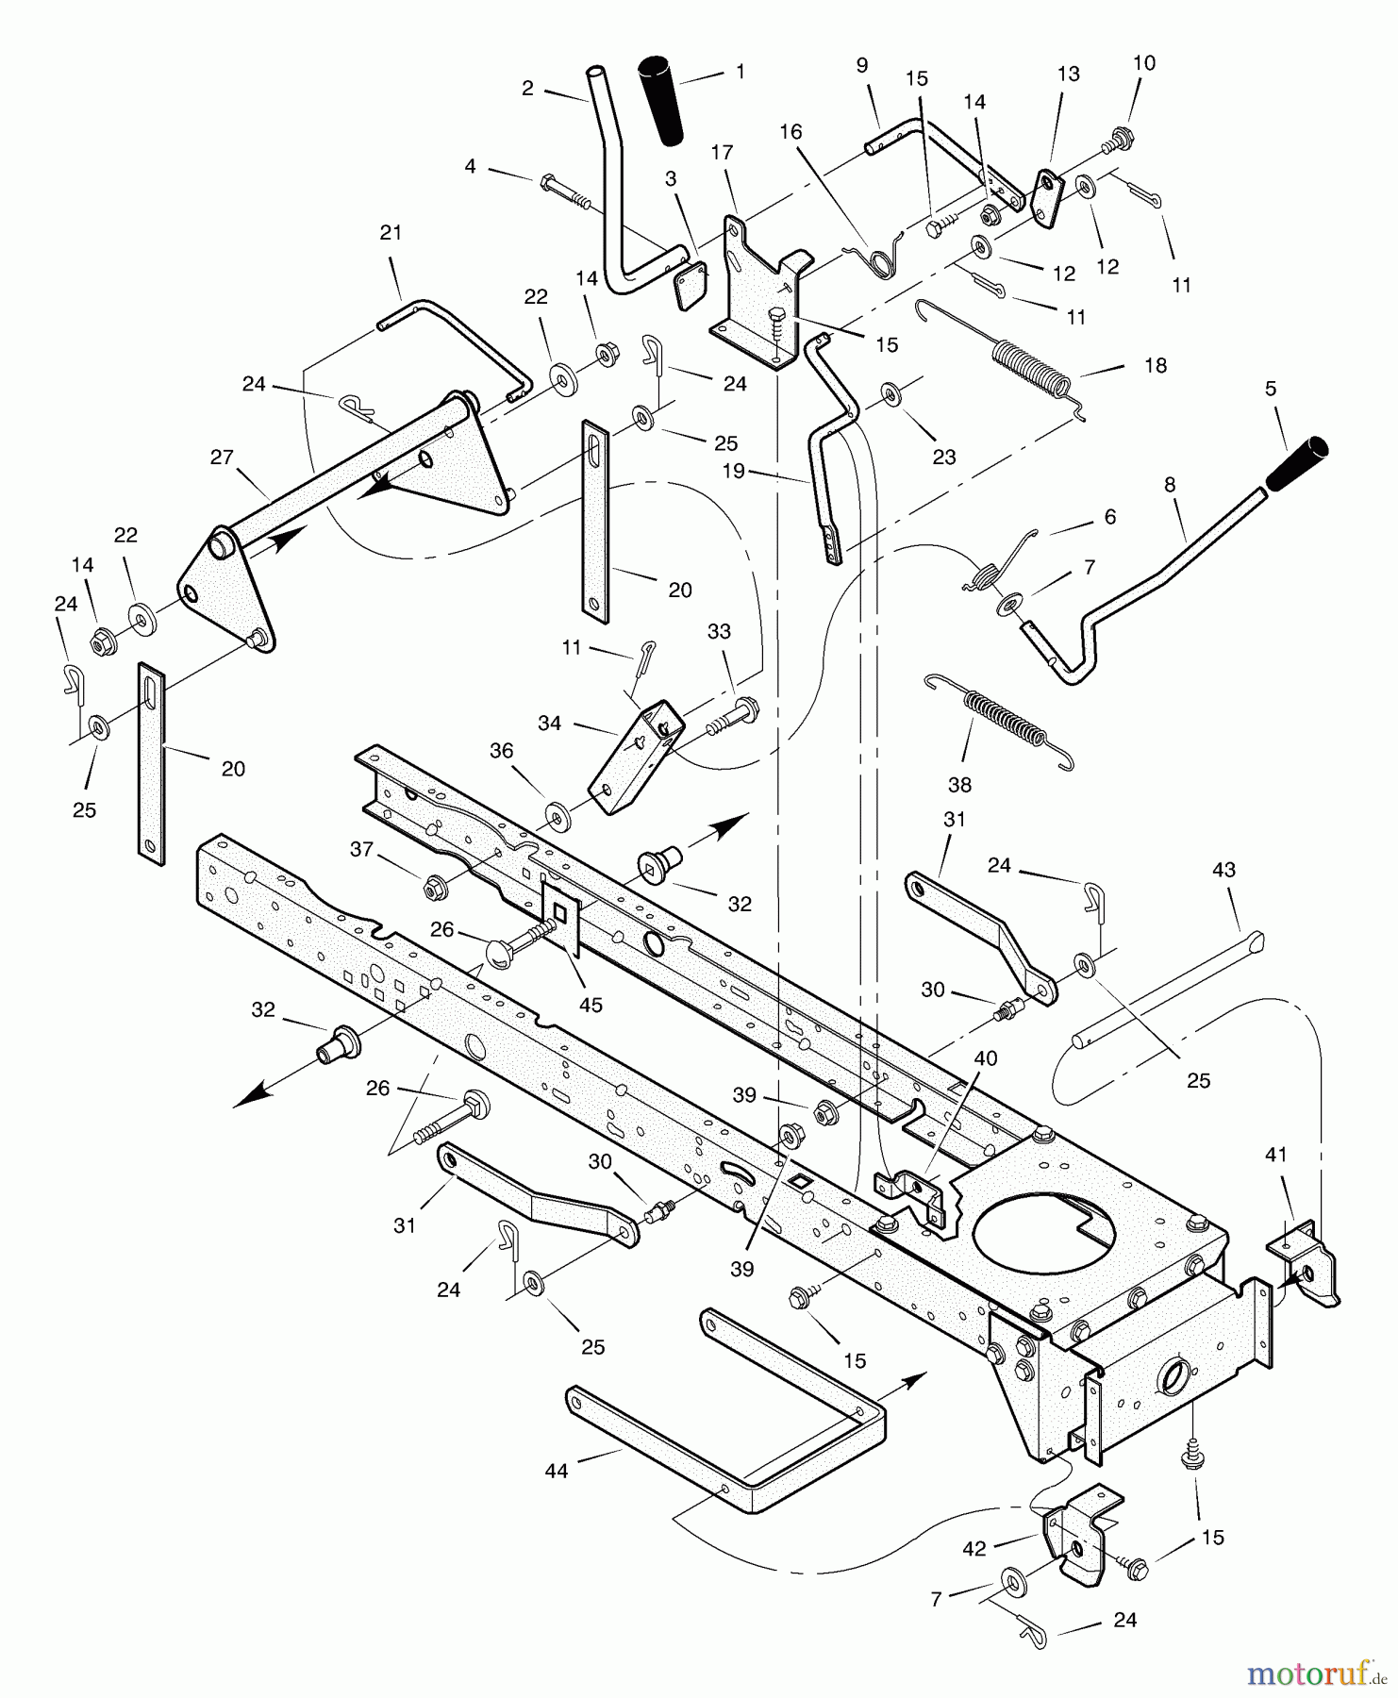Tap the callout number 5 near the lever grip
point(1271,388)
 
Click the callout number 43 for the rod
point(1223,870)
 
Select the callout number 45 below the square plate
point(591,1005)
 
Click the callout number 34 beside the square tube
point(549,723)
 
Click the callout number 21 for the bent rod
point(391,232)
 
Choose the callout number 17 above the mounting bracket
point(723,152)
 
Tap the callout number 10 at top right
point(1143,63)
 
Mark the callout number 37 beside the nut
point(362,849)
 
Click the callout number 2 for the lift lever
point(527,89)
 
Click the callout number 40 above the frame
point(985,1058)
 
